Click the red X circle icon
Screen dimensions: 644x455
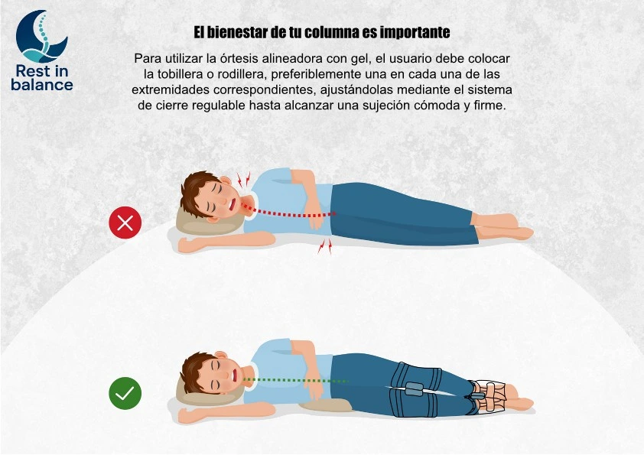click(125, 223)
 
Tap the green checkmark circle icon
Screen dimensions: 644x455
click(125, 393)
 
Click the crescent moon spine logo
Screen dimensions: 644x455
click(41, 36)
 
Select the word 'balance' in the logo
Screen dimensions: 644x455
click(42, 85)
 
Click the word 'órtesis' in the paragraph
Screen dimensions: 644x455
click(239, 58)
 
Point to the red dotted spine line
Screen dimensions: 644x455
click(288, 211)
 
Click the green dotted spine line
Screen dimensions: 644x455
click(296, 381)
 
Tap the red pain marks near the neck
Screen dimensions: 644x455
click(243, 180)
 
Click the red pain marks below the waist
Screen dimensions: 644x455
click(325, 246)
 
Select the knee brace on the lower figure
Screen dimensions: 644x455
click(415, 389)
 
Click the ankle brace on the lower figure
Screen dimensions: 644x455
click(489, 398)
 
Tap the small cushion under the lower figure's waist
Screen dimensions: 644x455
click(326, 405)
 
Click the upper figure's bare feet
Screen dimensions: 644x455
click(503, 227)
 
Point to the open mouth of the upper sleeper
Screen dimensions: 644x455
click(233, 203)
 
